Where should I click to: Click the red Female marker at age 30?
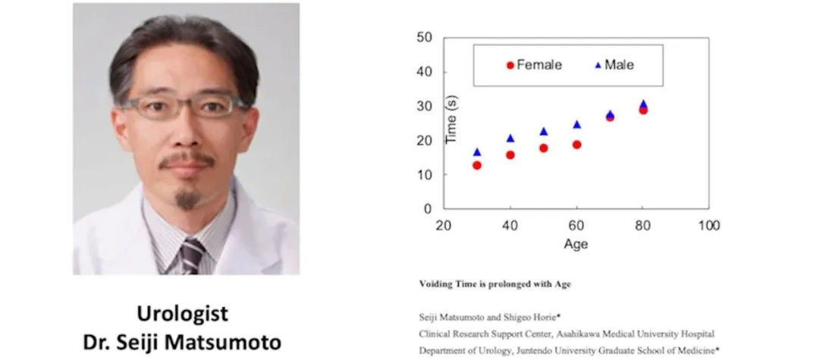[477, 165]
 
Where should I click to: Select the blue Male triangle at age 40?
[510, 139]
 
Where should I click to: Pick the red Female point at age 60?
[576, 145]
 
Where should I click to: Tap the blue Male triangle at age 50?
[543, 132]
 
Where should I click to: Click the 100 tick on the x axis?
[709, 225]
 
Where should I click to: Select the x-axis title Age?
[576, 244]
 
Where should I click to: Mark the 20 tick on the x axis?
[444, 225]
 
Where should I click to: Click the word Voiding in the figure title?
[436, 284]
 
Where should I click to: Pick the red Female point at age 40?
[510, 155]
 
